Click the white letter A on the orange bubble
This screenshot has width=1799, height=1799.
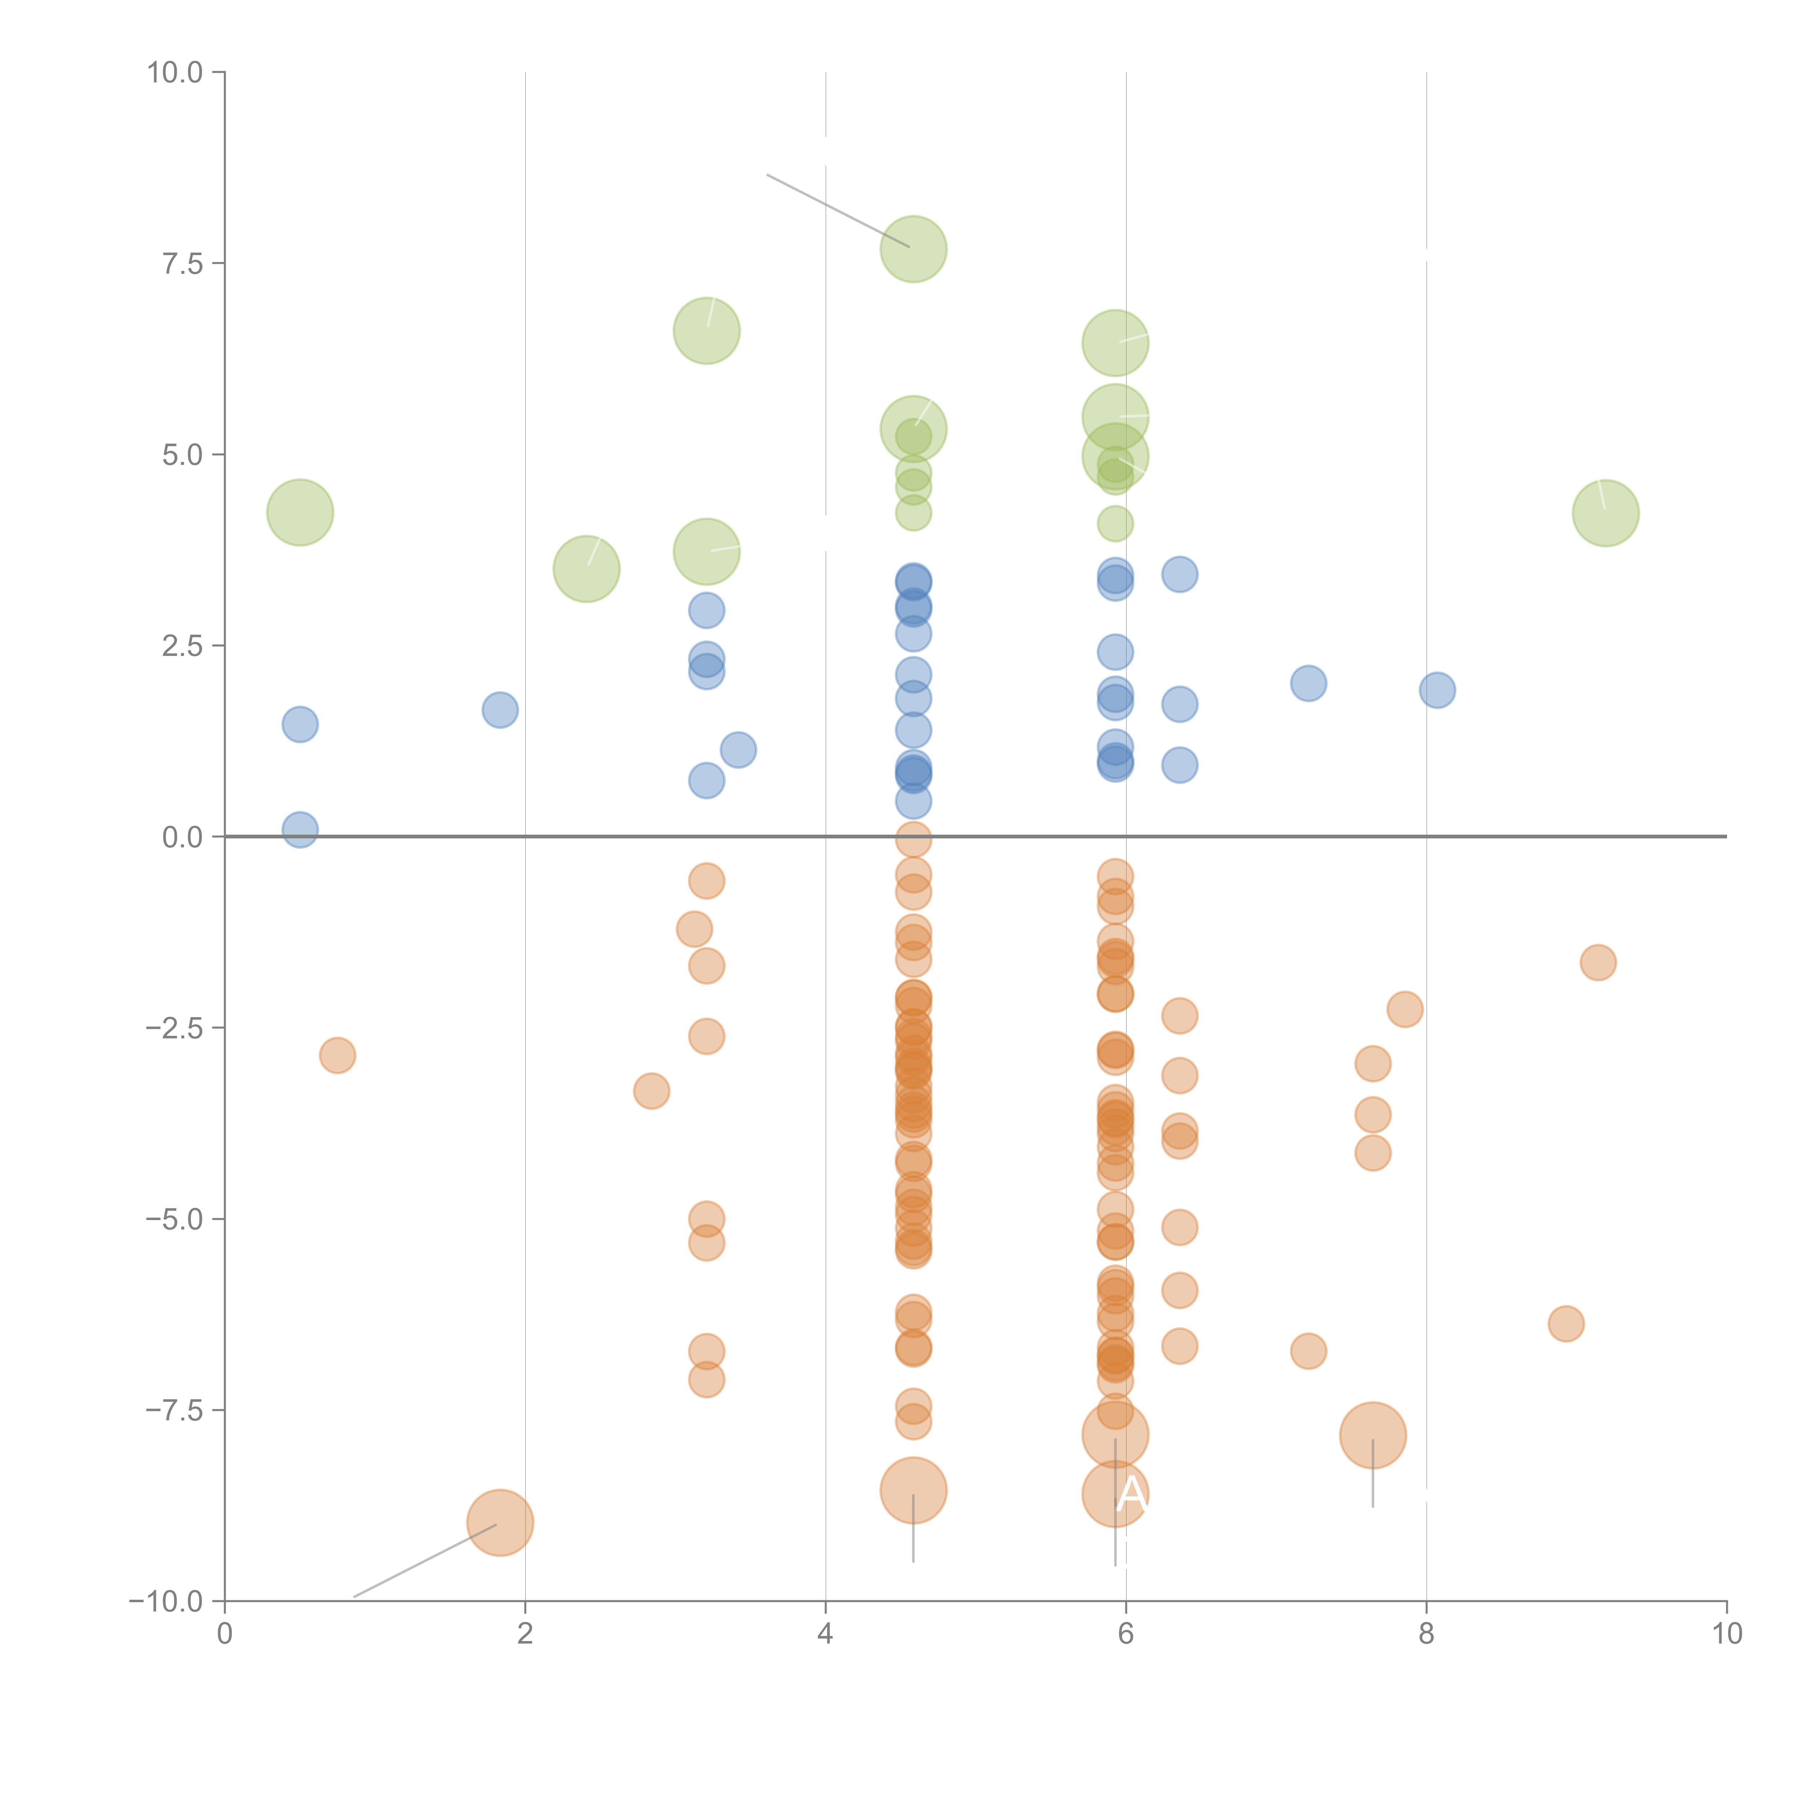coord(1130,1494)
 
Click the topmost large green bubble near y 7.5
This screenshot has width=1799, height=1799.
coord(914,249)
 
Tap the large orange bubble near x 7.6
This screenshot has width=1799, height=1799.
coord(1373,1435)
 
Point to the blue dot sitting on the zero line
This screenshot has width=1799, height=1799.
coord(300,829)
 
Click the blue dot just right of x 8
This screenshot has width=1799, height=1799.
coord(1437,690)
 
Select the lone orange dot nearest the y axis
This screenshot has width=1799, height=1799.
coord(337,1055)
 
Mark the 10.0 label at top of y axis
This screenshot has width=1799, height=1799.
coord(175,73)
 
